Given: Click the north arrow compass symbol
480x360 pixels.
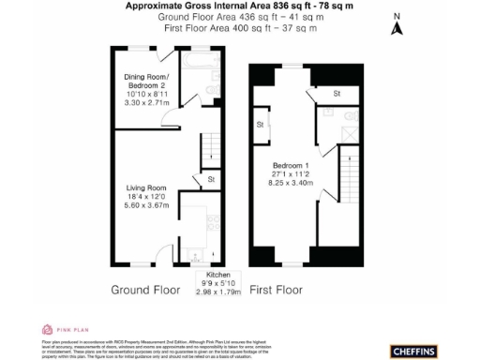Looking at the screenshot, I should pyautogui.click(x=397, y=29).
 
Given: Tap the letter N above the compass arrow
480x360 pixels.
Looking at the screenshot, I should pyautogui.click(x=397, y=16).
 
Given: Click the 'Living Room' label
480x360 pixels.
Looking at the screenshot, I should pyautogui.click(x=147, y=187).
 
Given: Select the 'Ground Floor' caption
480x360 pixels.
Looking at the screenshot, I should pyautogui.click(x=146, y=290).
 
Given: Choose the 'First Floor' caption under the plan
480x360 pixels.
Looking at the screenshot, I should pyautogui.click(x=276, y=290).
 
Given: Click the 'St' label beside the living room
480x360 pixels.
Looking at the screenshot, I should pyautogui.click(x=211, y=179).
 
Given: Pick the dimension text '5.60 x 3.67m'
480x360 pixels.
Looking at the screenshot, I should pyautogui.click(x=147, y=207).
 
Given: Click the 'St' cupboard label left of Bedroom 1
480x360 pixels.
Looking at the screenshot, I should pyautogui.click(x=260, y=124).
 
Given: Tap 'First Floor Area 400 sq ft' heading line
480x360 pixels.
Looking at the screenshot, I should pyautogui.click(x=240, y=29).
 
